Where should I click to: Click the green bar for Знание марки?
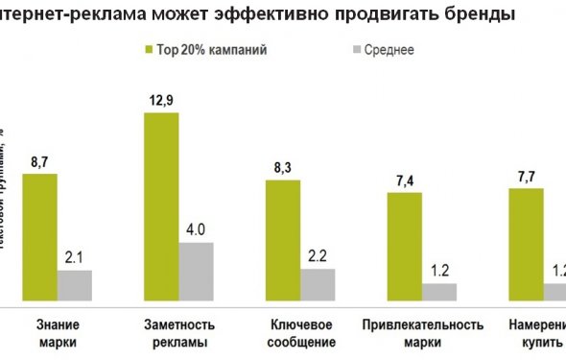coord(39,237)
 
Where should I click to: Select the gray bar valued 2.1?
coord(75,285)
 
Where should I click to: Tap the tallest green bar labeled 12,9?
coord(161,206)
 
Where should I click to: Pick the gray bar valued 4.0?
coord(196,271)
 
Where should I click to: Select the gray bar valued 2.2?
coord(318,284)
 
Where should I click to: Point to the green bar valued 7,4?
coord(405,246)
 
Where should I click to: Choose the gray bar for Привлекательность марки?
coord(439,291)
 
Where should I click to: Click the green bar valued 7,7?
coord(526,244)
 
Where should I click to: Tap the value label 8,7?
coord(40,164)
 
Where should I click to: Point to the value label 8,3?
coord(283,169)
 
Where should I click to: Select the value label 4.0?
coord(197,231)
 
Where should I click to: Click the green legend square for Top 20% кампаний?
coord(149,49)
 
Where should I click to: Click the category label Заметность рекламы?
coord(178,332)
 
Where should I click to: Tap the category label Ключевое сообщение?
coord(300,332)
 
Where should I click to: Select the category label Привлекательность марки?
coord(422,332)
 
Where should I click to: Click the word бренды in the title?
coord(479,15)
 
